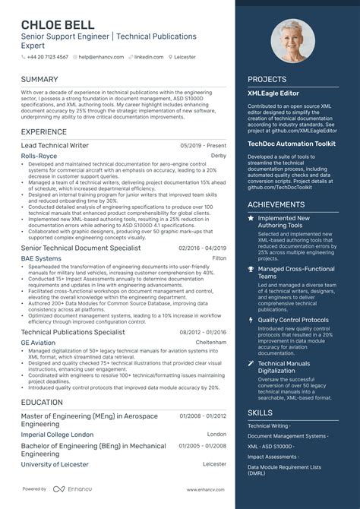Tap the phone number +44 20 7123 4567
(x=48, y=57)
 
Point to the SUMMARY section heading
(x=39, y=79)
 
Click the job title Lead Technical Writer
(x=55, y=145)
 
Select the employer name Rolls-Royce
(x=39, y=156)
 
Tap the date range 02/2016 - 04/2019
(x=202, y=248)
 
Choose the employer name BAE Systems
(x=41, y=258)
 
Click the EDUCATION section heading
(x=42, y=403)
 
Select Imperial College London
(x=57, y=435)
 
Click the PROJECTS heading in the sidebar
(x=267, y=79)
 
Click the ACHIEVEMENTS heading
(x=276, y=204)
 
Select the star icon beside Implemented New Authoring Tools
(x=251, y=218)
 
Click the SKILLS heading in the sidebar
(x=261, y=413)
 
